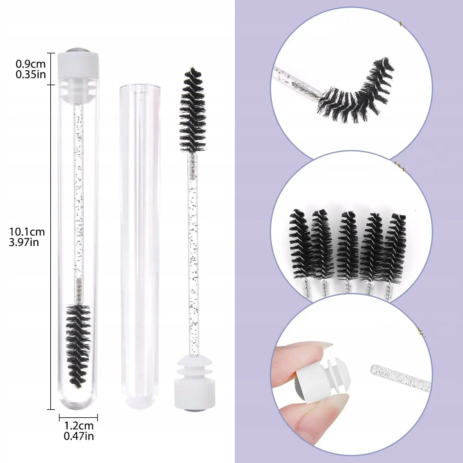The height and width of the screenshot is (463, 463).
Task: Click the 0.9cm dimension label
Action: coord(31,64)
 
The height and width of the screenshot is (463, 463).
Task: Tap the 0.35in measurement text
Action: coord(31,74)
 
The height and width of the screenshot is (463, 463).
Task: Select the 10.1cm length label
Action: coord(27,231)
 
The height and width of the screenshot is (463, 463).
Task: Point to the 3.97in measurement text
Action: coord(24,242)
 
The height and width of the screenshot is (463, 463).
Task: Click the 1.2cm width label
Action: coord(79,426)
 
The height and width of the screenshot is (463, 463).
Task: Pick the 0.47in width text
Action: coord(79,436)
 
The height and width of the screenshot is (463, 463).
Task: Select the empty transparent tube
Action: coord(140,247)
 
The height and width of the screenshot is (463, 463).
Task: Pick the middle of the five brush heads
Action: coord(348,245)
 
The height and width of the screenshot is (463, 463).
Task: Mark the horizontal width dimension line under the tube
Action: coord(78,418)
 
